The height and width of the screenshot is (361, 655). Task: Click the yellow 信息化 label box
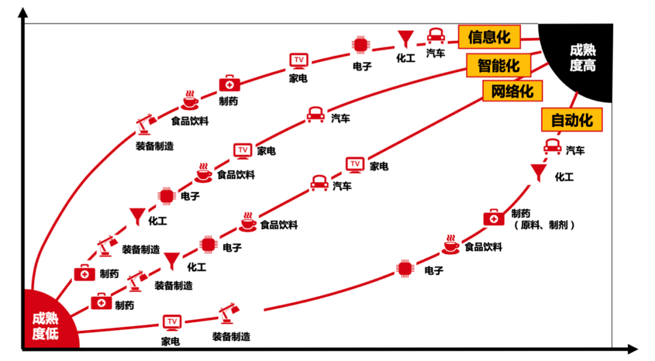click(489, 37)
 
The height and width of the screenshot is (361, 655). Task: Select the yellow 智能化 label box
click(499, 65)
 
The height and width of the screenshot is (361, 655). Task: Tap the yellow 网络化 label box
click(512, 91)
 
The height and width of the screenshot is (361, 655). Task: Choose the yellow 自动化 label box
click(572, 120)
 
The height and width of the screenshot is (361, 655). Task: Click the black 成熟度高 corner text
click(583, 58)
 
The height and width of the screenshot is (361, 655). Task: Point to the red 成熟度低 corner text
click(45, 326)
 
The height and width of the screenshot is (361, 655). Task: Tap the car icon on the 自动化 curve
click(553, 147)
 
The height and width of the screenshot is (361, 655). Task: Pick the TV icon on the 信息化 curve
click(298, 61)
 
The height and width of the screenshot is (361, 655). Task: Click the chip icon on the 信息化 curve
click(360, 45)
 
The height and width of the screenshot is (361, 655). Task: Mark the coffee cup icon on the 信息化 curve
click(190, 100)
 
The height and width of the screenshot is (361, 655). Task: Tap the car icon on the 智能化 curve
click(315, 115)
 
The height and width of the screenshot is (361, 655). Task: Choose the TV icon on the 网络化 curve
click(355, 164)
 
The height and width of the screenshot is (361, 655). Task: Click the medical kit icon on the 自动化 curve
click(494, 218)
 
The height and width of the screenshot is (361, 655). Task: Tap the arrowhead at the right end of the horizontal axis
click(633, 348)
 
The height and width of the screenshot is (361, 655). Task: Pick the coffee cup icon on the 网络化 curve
click(247, 222)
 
